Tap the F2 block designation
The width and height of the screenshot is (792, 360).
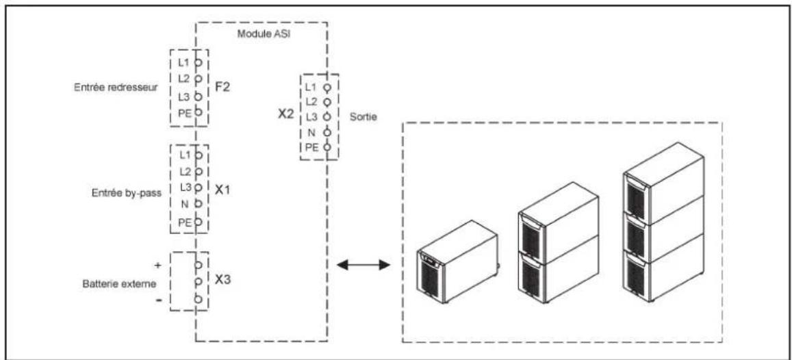coord(223,88)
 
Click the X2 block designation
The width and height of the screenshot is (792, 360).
coord(286,114)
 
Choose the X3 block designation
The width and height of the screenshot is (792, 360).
coord(223,279)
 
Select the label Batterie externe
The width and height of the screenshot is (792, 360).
coord(119,283)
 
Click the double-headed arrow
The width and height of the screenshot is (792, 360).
coord(363,265)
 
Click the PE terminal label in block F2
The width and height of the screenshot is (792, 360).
coord(186,112)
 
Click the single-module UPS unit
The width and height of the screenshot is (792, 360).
coord(458,261)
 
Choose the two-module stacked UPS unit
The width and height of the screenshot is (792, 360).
coord(559,242)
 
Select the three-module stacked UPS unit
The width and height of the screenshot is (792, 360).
coord(664,222)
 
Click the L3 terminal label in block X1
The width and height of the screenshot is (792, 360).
coord(186,187)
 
